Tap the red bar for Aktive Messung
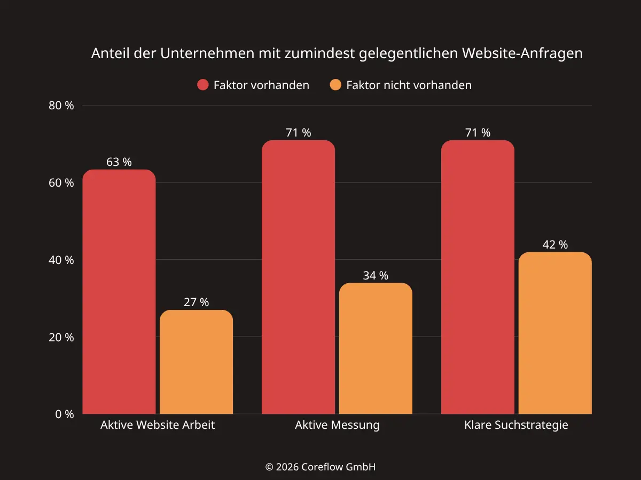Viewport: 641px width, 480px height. coord(298,277)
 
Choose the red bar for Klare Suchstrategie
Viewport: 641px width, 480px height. coord(478,277)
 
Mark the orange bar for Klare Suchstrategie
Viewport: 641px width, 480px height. coord(555,333)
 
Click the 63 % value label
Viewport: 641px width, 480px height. coord(119,162)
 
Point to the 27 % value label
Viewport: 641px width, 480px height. coord(197,302)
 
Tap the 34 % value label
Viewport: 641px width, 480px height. coord(376,276)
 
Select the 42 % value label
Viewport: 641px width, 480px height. coord(555,245)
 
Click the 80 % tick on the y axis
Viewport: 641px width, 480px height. coord(61,106)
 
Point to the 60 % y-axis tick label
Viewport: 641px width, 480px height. coord(61,183)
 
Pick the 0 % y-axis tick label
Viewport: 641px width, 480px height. coord(64,414)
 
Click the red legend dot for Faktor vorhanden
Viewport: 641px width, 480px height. coord(203,85)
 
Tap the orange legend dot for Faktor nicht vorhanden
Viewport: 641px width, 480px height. coord(335,85)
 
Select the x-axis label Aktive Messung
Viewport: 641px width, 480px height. coord(337,426)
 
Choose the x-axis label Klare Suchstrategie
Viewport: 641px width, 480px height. coord(516,426)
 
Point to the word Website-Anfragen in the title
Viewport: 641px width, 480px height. coord(522,54)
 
